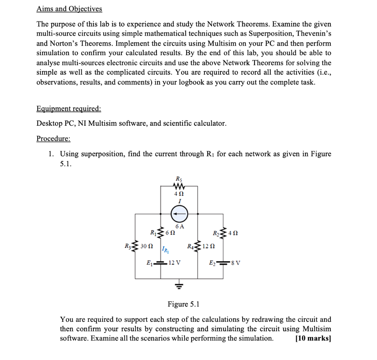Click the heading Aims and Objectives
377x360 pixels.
click(69, 9)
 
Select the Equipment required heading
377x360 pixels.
click(68, 109)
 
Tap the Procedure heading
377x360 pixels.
click(53, 139)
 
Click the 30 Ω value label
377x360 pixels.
click(147, 245)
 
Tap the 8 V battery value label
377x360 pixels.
click(236, 263)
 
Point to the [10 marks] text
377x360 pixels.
click(313, 339)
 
